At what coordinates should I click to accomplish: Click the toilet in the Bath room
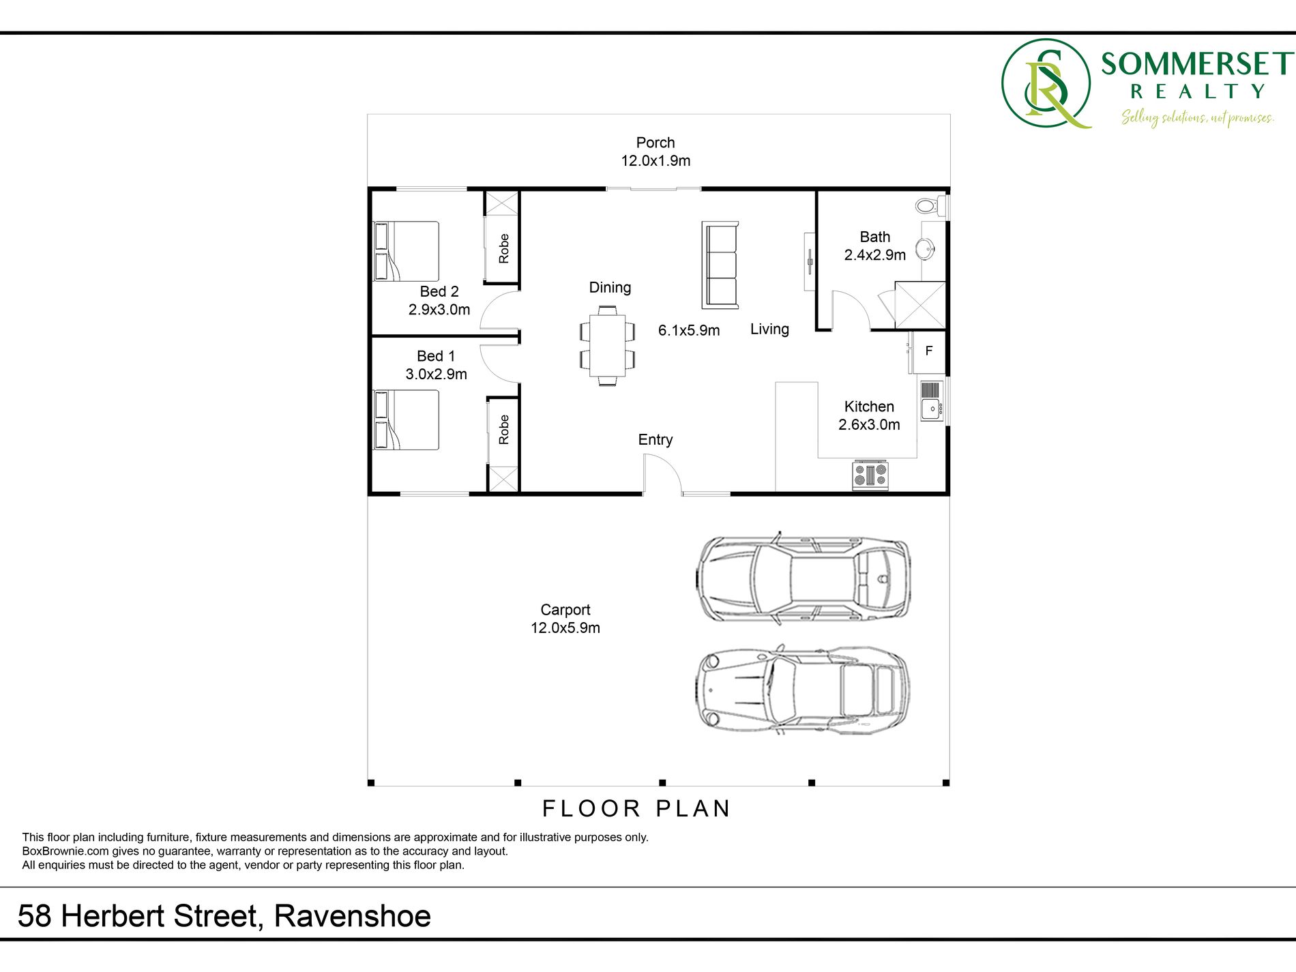coord(931,205)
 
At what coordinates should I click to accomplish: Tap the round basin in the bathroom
coord(925,249)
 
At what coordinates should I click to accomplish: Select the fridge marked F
coord(928,352)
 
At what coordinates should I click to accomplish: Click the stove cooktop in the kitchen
coord(870,475)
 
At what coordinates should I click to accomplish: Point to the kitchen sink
coord(932,401)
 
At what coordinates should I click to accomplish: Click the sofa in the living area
coord(720,265)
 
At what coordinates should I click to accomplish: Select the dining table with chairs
coord(607,346)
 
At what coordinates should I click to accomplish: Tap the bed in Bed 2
coord(406,251)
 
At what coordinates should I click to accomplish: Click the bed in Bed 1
coord(406,420)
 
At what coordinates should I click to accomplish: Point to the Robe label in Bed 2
coord(504,248)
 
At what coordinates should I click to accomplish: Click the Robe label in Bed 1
coord(504,430)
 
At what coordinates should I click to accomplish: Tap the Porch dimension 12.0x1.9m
coord(656,161)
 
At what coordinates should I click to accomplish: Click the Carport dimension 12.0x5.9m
coord(565,628)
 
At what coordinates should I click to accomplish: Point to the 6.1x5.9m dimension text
coord(689,331)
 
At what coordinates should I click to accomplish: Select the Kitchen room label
coord(869,407)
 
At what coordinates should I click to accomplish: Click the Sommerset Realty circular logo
coord(1046,83)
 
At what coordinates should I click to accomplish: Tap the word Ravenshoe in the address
coord(353,916)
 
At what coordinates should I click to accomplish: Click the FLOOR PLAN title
coord(636,809)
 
